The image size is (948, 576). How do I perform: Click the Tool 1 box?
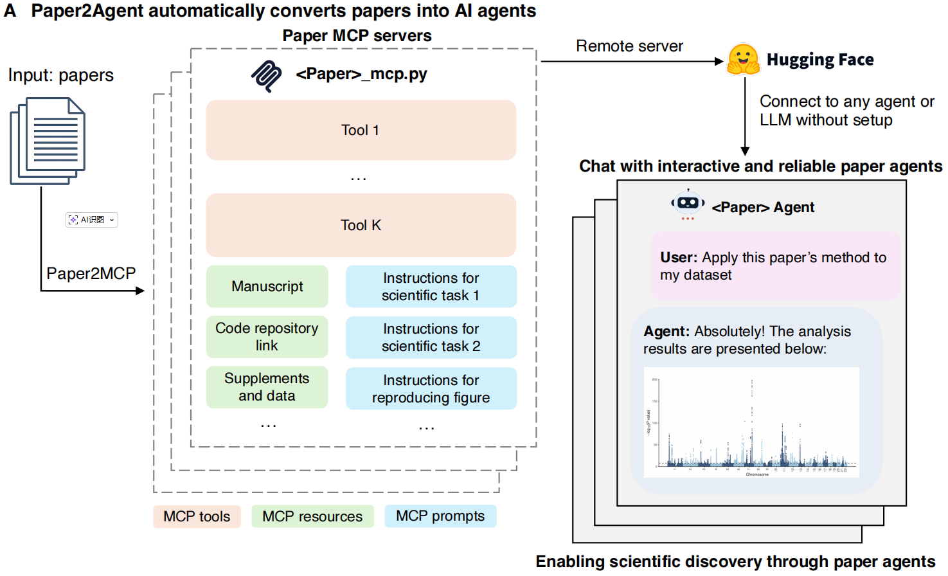click(361, 130)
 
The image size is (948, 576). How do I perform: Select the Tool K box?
click(361, 225)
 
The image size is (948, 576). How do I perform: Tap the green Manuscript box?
click(267, 287)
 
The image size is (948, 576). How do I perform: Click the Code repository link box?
click(267, 337)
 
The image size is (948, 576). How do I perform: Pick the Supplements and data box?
click(267, 387)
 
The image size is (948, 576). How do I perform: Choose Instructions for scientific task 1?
click(431, 287)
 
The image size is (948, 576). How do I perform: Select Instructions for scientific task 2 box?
click(431, 337)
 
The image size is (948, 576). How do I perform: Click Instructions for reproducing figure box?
click(431, 388)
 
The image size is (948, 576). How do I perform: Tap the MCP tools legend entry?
click(197, 516)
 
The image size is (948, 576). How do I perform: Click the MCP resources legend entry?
click(312, 516)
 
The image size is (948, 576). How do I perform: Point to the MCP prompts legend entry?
click(440, 516)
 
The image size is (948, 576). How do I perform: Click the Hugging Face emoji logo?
click(743, 60)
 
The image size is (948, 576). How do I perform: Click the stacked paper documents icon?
click(48, 141)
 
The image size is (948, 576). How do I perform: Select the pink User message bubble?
click(775, 265)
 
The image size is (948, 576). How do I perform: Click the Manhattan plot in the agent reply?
click(751, 422)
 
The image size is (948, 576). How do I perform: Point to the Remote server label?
click(629, 46)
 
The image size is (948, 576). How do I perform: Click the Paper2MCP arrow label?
click(91, 273)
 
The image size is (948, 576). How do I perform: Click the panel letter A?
click(10, 11)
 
